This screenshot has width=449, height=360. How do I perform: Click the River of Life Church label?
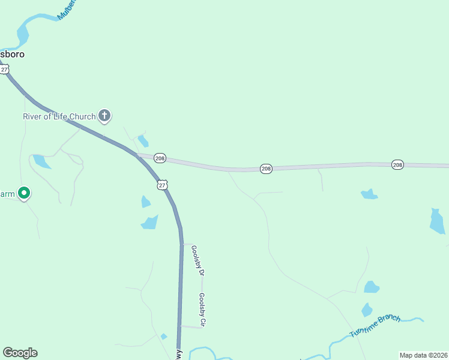coord(59,116)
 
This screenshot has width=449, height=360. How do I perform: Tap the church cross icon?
coord(104,116)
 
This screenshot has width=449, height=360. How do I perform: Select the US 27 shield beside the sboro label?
coord(5,70)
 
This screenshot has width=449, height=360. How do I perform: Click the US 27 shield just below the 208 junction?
coord(162,185)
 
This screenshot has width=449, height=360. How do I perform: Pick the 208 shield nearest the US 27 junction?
coord(160,158)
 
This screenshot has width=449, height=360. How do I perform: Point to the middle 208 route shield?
coord(267,169)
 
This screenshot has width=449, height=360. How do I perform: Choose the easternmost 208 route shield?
coord(397,164)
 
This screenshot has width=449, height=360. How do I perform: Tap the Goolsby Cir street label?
coord(202,310)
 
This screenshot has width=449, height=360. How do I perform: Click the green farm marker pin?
coord(24,193)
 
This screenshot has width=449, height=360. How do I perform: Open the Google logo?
coord(20,353)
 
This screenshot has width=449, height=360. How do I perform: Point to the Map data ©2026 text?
coord(423,355)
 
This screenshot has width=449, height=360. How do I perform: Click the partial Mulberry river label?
coord(67,9)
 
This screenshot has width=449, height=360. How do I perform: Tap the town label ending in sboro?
coord(12,53)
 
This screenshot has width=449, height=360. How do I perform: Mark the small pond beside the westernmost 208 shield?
coord(143,141)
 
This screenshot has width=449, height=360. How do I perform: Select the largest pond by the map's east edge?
coord(437,221)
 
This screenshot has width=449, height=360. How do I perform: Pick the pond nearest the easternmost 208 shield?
coord(369,194)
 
